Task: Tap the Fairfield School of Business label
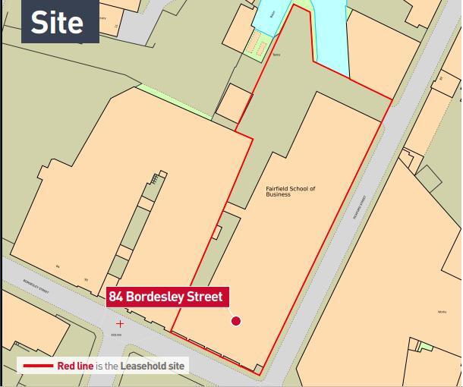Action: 290,191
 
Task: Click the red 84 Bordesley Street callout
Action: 166,297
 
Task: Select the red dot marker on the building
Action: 235,321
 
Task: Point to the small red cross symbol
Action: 119,324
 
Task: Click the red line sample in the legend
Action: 37,366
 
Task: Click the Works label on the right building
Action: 442,312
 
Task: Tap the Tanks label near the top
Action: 276,65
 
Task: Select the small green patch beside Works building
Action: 427,347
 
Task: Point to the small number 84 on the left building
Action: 58,266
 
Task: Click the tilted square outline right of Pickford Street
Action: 428,178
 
